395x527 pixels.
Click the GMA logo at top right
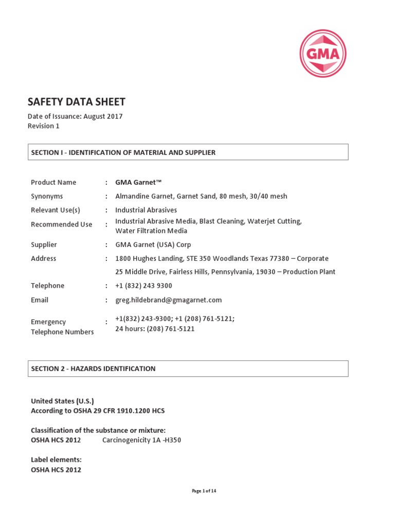(323, 54)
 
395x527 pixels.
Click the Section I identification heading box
(188, 152)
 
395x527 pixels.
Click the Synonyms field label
(47, 196)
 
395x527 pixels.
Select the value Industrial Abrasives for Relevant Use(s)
(146, 210)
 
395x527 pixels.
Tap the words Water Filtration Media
(151, 231)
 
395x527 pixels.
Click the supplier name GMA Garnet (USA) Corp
(153, 244)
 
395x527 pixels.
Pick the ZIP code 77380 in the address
(283, 258)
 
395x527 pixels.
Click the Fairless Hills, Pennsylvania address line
(225, 272)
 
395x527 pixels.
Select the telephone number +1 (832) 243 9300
(143, 286)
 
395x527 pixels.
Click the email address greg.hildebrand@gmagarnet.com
(168, 300)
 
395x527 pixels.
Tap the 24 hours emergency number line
(155, 328)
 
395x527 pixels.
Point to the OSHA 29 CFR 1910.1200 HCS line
(98, 411)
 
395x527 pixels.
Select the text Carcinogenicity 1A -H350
(141, 440)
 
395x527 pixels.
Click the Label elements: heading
(56, 460)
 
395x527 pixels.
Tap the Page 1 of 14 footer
(204, 491)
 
